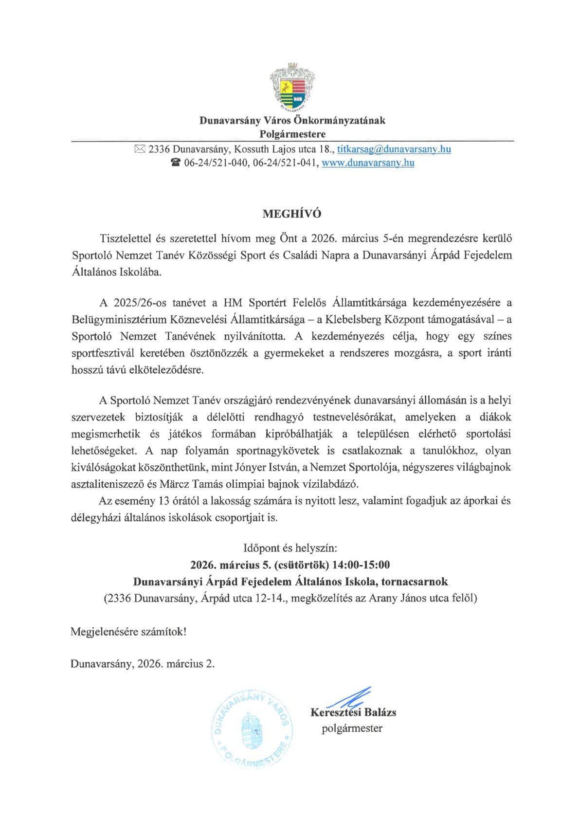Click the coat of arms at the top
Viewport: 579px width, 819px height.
click(x=292, y=87)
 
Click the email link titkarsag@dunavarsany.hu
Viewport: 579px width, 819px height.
click(x=394, y=149)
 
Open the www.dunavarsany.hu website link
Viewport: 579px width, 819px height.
click(x=368, y=163)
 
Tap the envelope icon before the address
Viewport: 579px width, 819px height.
click(x=140, y=149)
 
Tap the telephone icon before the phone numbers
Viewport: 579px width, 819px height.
click(x=176, y=163)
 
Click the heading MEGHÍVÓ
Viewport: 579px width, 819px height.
click(x=292, y=214)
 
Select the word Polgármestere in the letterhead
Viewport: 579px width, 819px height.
click(x=292, y=134)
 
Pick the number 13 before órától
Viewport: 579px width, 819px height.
click(x=164, y=501)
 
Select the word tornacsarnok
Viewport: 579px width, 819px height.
click(x=415, y=582)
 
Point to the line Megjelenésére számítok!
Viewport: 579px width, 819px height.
click(x=128, y=632)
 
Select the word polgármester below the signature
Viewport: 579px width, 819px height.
click(x=352, y=728)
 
